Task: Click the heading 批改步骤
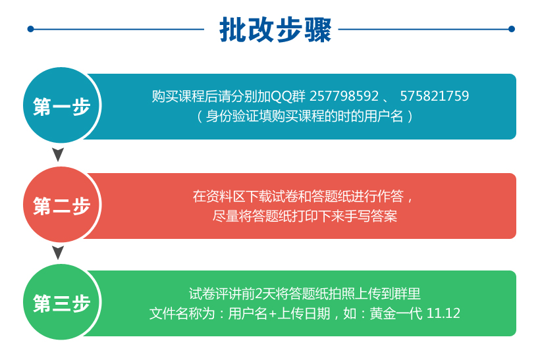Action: [275, 30]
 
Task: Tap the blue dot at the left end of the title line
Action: [31, 29]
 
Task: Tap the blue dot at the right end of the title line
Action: [512, 29]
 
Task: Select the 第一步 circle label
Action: [62, 107]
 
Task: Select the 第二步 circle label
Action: [62, 206]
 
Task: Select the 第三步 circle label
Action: [62, 303]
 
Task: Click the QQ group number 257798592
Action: [344, 96]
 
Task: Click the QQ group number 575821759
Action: [434, 96]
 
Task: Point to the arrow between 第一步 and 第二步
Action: [58, 155]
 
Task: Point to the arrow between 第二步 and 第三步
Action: [58, 253]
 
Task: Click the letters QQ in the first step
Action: [281, 96]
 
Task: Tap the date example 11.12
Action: [443, 313]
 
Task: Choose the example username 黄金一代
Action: [396, 313]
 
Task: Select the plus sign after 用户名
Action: [273, 314]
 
